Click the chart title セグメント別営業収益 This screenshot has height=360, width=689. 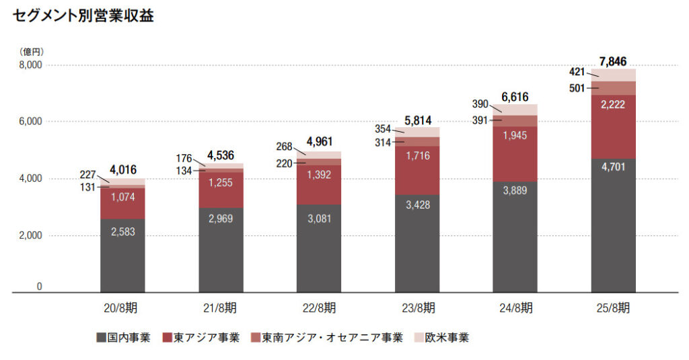(83, 16)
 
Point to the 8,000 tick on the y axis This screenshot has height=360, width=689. (30, 65)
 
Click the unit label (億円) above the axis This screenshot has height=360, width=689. (31, 51)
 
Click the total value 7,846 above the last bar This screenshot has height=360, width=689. (612, 62)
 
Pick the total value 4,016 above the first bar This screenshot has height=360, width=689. (122, 170)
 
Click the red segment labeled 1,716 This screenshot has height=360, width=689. (417, 155)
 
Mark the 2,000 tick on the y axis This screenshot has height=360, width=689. (30, 236)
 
